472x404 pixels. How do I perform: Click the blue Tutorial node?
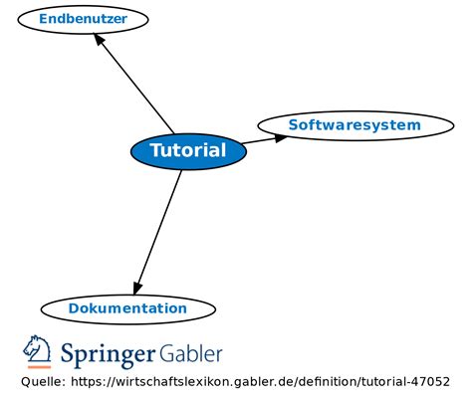[188, 151]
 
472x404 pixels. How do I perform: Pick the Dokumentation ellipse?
[127, 308]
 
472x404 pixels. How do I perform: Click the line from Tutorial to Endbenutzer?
[134, 87]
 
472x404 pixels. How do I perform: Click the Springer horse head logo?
[38, 351]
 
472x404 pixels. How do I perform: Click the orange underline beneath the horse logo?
[38, 367]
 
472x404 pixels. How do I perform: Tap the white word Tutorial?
[188, 151]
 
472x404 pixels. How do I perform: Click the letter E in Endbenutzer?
[44, 18]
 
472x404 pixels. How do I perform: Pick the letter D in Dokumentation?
[74, 308]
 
